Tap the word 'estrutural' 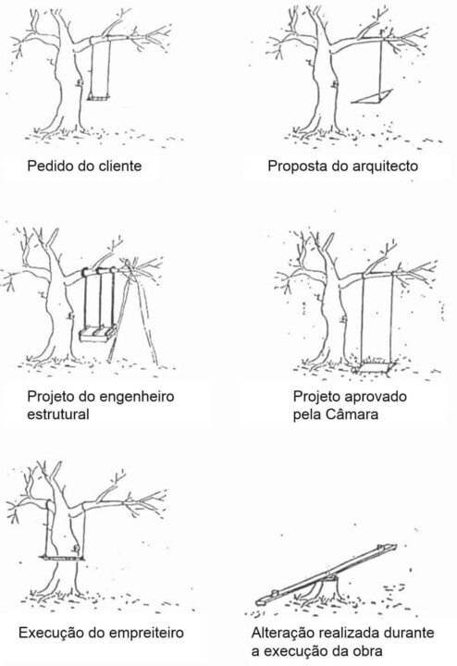coord(58,414)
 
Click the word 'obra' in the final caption coord(368,650)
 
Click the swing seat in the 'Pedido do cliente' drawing coord(99,98)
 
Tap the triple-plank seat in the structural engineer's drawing coord(98,333)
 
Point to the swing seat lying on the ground coord(376,367)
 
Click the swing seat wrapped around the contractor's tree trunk coord(62,557)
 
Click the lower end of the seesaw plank coord(260,601)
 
